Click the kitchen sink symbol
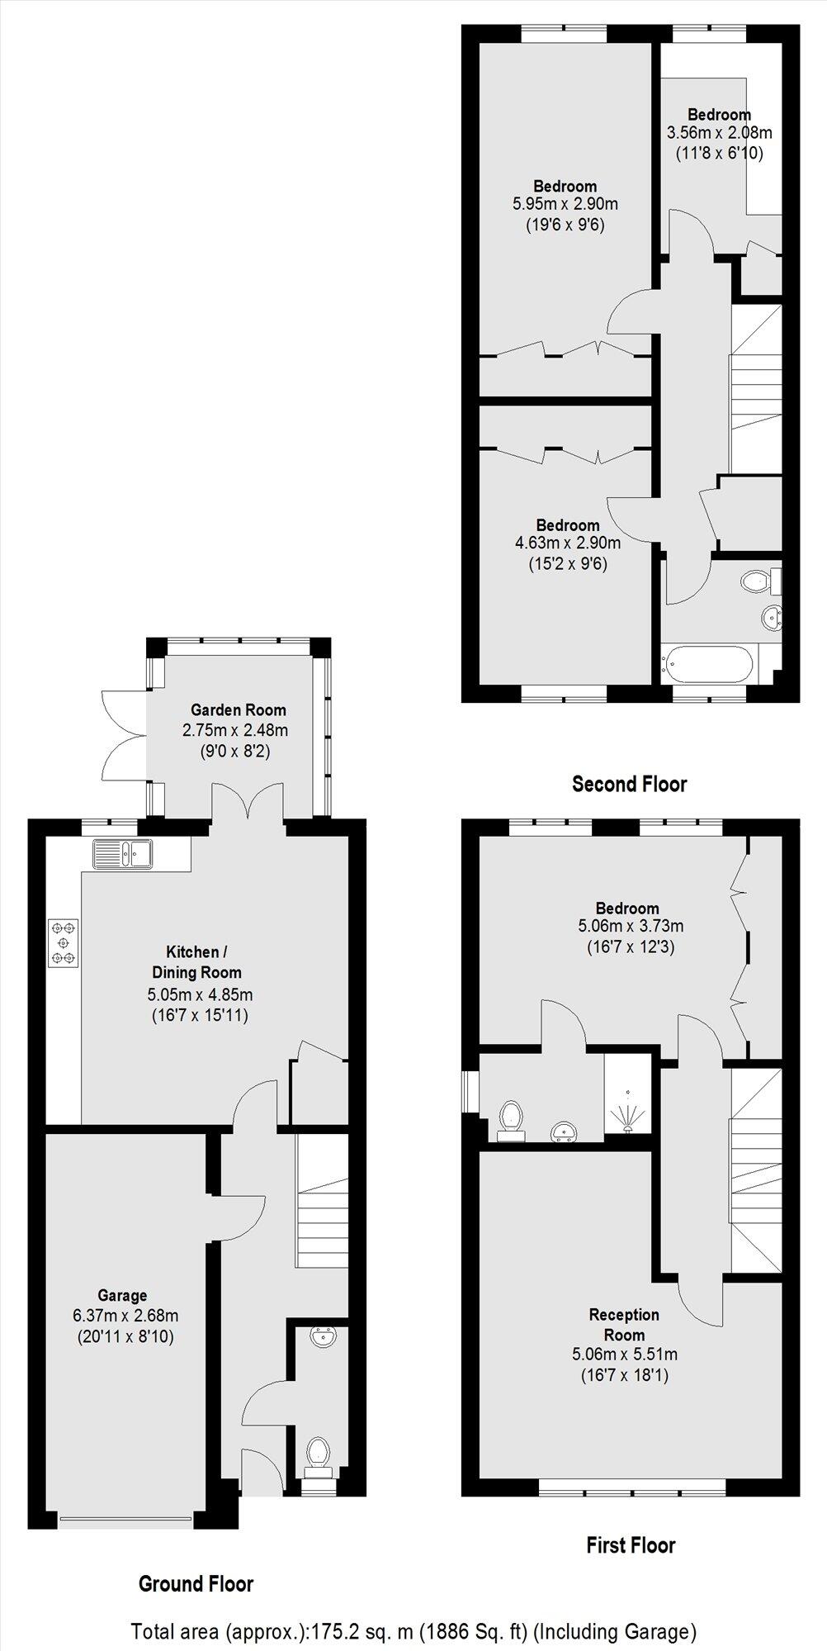[x=121, y=853]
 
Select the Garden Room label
[x=239, y=709]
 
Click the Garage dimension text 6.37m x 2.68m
[x=125, y=1316]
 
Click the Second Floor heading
[x=629, y=784]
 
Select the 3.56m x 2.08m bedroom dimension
[x=719, y=133]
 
